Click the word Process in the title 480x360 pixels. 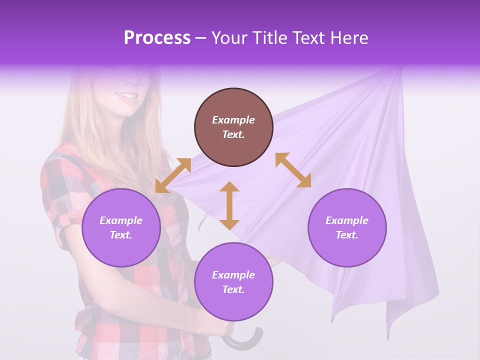point(157,38)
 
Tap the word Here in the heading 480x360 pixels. point(349,38)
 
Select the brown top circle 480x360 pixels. point(233,127)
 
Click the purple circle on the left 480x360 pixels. point(121,227)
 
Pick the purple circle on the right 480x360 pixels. point(347,227)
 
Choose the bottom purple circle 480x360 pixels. point(233,282)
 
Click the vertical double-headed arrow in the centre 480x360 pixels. point(229,205)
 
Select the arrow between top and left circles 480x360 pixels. point(173,175)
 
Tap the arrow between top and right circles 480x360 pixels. point(293,170)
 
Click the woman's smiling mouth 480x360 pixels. point(126,96)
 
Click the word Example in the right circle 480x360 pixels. point(346,220)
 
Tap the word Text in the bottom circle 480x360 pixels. point(233,289)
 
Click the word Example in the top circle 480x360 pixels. point(233,120)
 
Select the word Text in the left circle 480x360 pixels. point(120,235)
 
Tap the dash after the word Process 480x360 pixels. point(200,38)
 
